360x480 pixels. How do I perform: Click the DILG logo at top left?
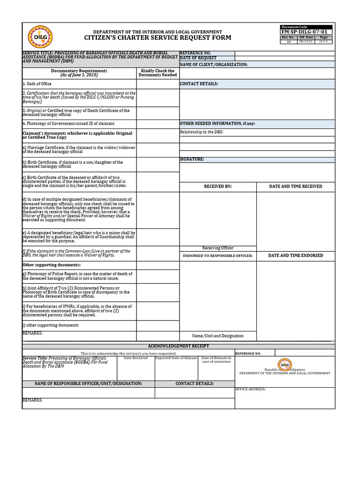[x=40, y=37]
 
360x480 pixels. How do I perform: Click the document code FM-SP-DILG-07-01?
[x=306, y=32]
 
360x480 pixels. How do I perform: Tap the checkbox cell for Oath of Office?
[x=157, y=83]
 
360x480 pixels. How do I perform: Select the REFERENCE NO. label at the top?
[x=195, y=53]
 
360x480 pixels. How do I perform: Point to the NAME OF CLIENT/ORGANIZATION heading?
[x=214, y=64]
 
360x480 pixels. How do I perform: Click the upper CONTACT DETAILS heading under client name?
[x=199, y=84]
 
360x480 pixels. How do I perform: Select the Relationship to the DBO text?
[x=202, y=132]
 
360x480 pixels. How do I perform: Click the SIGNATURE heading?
[x=192, y=159]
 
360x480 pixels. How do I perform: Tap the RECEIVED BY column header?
[x=217, y=187]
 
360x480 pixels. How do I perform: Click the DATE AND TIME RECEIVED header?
[x=295, y=187]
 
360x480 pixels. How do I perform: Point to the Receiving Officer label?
[x=217, y=248]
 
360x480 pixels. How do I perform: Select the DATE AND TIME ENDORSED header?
[x=295, y=255]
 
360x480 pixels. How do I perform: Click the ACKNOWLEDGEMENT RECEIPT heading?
[x=179, y=346]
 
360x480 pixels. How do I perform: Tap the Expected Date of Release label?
[x=176, y=358]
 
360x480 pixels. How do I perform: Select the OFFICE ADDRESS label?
[x=250, y=389]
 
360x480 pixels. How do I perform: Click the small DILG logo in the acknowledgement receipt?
[x=285, y=364]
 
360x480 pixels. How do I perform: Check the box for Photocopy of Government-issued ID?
[x=157, y=123]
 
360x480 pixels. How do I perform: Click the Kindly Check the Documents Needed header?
[x=157, y=73]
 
